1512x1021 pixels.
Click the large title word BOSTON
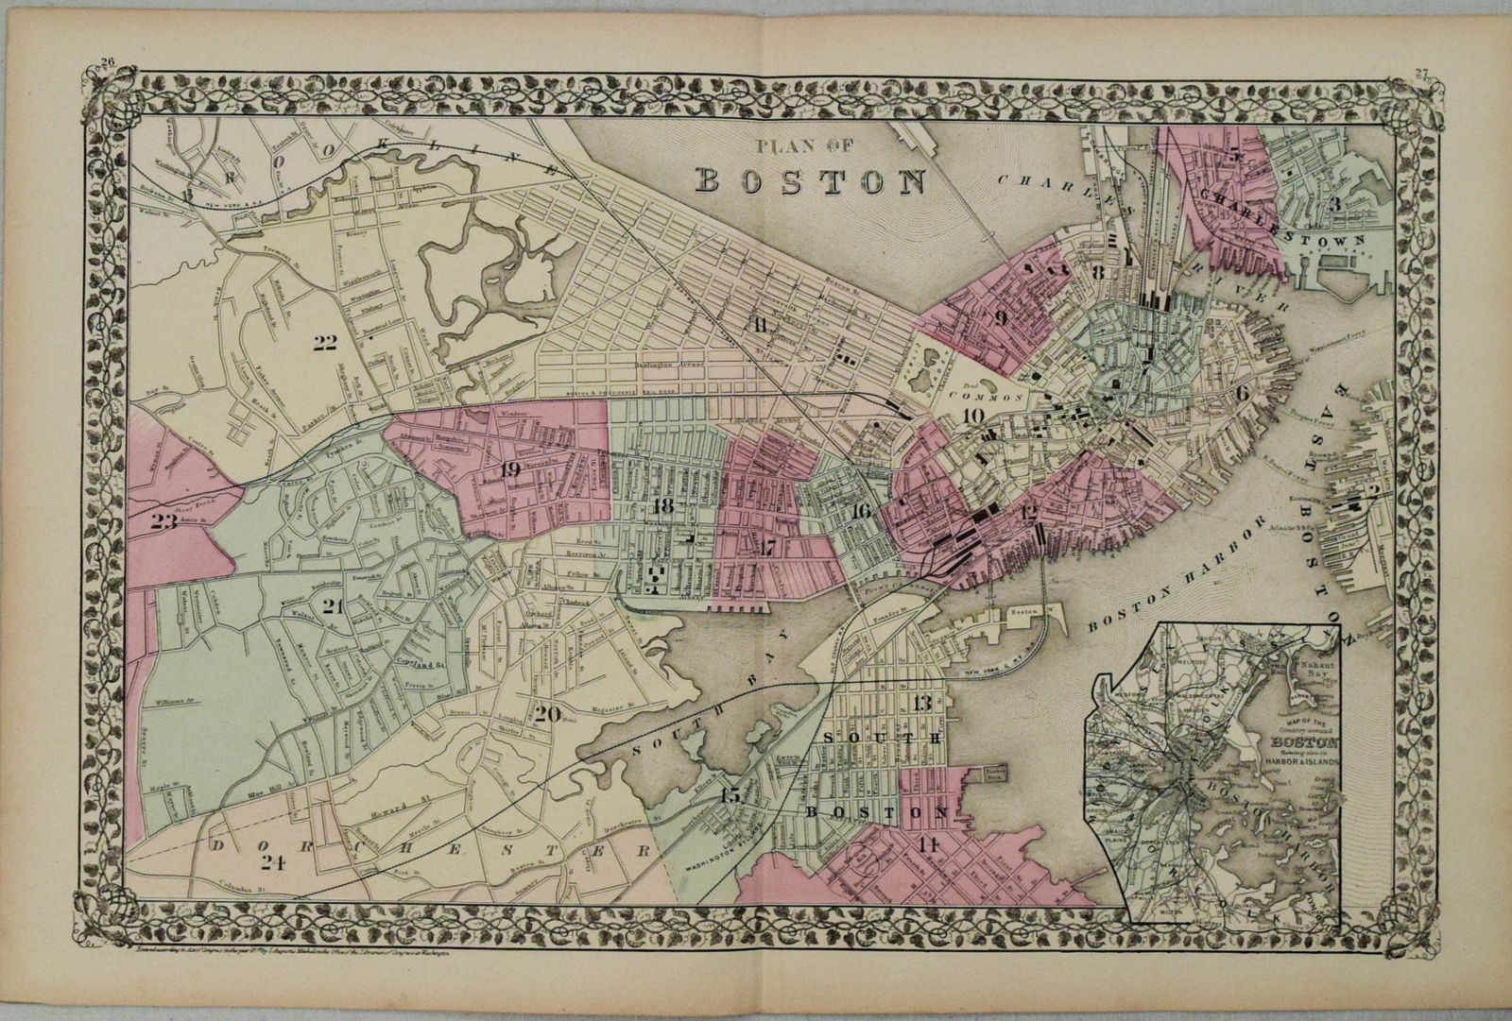[811, 180]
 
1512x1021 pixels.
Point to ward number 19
[511, 469]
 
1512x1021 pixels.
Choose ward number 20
[548, 714]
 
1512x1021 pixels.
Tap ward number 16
[859, 511]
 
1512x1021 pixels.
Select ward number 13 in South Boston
[922, 701]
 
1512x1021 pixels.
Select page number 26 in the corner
[103, 64]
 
